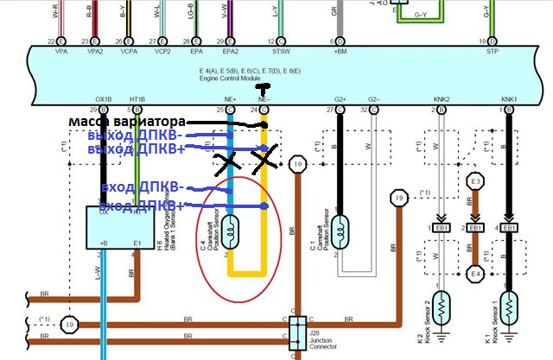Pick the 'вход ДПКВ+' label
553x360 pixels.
[x=141, y=206]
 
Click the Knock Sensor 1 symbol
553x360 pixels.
[x=510, y=306]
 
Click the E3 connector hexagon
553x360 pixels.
[x=474, y=181]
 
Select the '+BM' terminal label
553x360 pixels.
[x=340, y=51]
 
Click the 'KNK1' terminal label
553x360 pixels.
[x=507, y=100]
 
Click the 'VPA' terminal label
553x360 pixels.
[x=60, y=51]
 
